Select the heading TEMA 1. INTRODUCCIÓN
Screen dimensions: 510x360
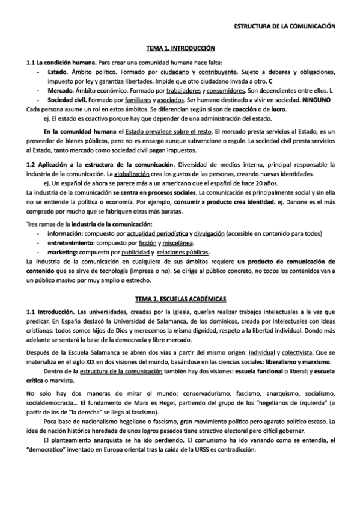coord(181,48)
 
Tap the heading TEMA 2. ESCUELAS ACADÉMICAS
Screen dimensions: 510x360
coord(181,299)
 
